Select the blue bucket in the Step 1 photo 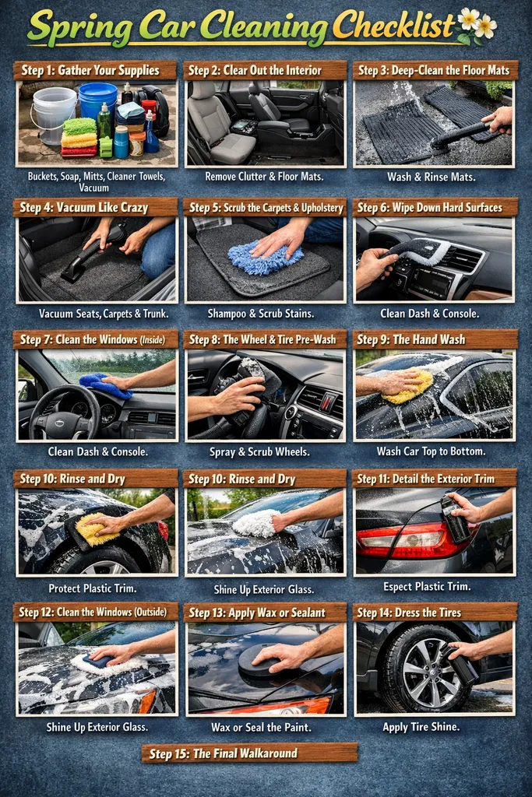97,99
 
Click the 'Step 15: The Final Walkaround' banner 249,753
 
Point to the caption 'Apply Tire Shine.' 434,726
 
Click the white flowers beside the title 477,24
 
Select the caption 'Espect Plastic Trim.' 434,586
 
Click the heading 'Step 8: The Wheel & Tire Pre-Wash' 265,339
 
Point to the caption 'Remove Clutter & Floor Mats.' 265,177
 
